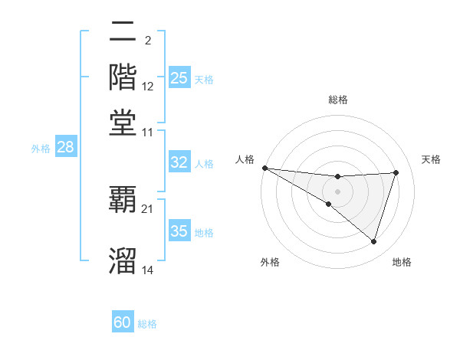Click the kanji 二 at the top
click(x=123, y=34)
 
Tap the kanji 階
click(x=123, y=77)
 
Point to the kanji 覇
click(x=123, y=200)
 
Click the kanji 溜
click(x=123, y=260)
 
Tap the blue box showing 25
click(x=179, y=78)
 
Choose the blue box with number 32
click(x=179, y=162)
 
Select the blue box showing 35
click(x=179, y=231)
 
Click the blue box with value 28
click(x=65, y=148)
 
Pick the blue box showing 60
click(x=123, y=322)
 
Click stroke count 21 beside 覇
click(x=148, y=208)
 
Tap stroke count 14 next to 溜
click(x=148, y=270)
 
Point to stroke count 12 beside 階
click(x=148, y=87)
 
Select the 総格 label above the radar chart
click(x=337, y=100)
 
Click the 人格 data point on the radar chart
click(x=264, y=168)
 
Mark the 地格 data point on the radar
click(x=373, y=241)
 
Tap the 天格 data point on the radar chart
click(x=396, y=172)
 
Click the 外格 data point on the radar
click(x=329, y=204)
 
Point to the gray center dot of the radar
click(x=337, y=191)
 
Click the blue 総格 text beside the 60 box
click(x=147, y=324)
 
